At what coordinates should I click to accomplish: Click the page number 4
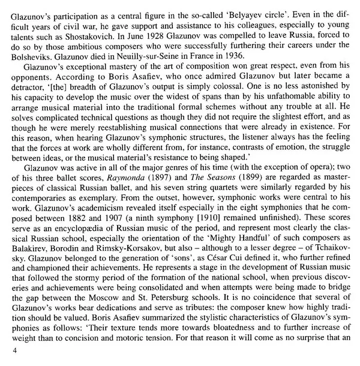(5, 360)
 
